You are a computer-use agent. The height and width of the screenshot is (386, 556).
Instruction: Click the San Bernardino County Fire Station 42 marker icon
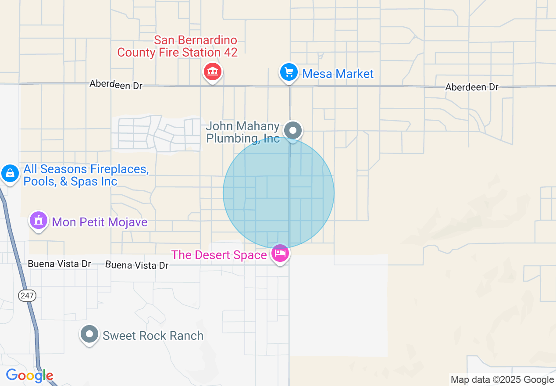tap(213, 71)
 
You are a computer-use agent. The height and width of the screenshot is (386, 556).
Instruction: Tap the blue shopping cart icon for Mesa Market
tap(289, 72)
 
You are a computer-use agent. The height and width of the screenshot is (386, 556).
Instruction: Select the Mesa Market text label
tap(338, 74)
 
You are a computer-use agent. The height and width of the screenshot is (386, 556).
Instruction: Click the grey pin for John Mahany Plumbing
tap(292, 130)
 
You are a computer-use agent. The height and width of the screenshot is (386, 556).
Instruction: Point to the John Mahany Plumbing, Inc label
tap(242, 132)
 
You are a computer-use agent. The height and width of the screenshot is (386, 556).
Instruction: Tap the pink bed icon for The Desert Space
tap(280, 253)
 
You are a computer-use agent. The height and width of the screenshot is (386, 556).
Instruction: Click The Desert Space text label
tap(219, 255)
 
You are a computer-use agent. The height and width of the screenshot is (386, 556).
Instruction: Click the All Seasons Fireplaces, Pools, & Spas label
tap(86, 175)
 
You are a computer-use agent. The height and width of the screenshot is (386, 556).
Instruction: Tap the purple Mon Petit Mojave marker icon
tap(39, 220)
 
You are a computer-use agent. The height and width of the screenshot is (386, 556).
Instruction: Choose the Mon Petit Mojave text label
tap(100, 222)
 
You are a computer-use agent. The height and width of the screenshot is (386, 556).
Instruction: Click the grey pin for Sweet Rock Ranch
tap(90, 334)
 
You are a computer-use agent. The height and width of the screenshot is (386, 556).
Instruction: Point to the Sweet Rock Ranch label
tap(153, 336)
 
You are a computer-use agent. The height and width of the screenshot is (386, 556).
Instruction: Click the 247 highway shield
tap(27, 296)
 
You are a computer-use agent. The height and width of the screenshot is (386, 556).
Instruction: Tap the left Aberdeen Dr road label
tap(116, 84)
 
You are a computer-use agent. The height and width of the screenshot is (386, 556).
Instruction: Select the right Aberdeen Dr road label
tap(472, 87)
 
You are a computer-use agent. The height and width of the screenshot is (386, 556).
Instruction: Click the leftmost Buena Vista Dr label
tap(59, 264)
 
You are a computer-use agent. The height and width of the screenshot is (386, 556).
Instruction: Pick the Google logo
tap(29, 376)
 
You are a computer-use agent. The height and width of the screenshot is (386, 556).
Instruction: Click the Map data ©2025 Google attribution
tap(502, 380)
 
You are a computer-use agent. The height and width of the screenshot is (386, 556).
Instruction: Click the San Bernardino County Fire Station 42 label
tap(177, 46)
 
